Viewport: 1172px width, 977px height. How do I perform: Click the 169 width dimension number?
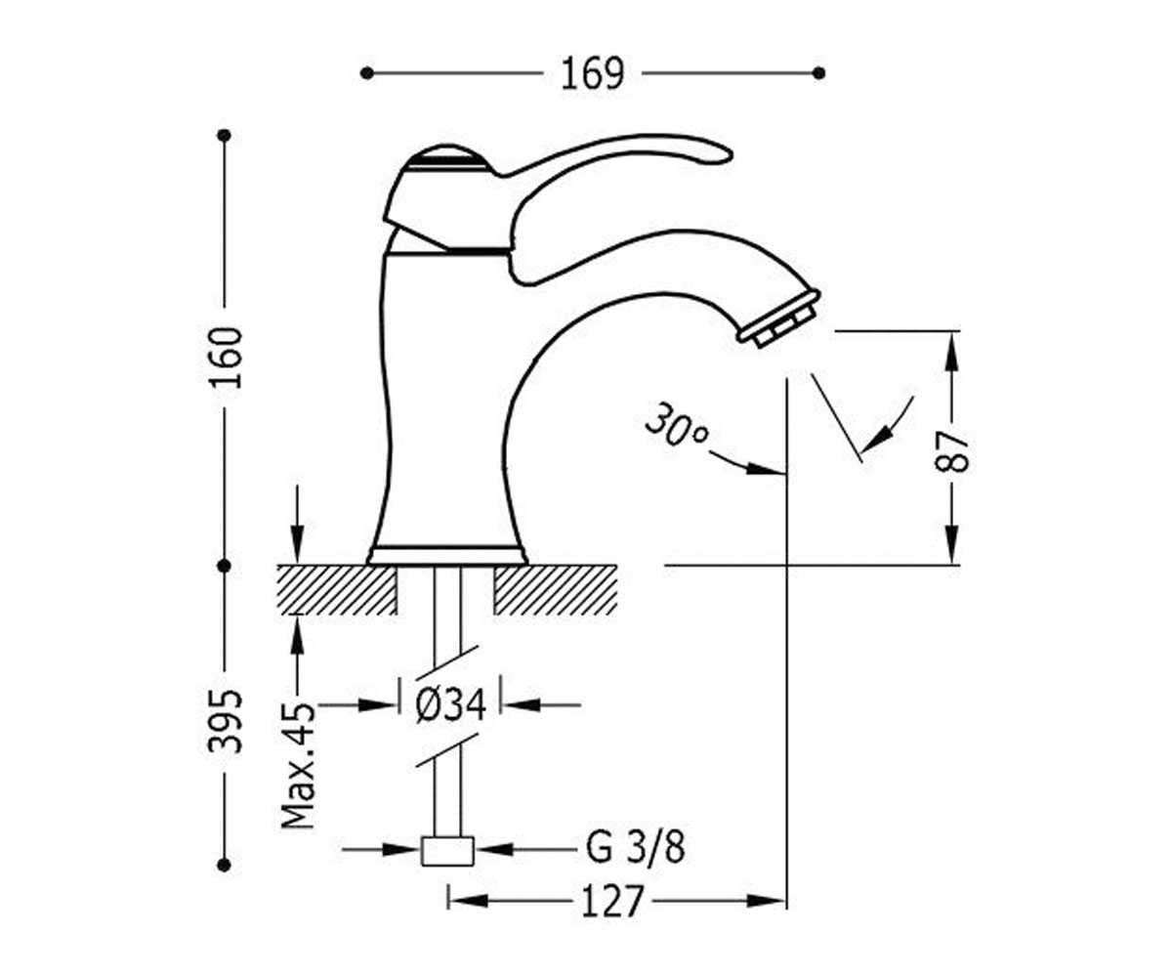pos(592,73)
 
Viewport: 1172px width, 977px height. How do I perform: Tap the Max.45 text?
pos(298,765)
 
